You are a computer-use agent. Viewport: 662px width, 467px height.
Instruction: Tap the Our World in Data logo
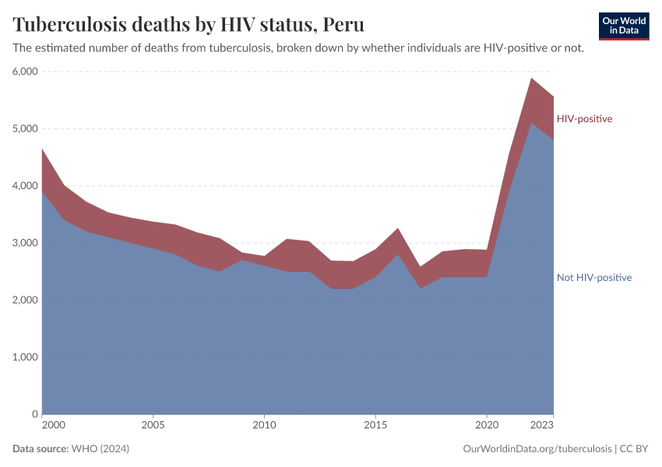(623, 26)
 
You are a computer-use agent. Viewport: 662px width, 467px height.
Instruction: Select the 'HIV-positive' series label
(584, 119)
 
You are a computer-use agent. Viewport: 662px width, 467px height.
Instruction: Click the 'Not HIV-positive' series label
(593, 277)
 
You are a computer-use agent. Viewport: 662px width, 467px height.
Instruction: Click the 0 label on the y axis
(34, 414)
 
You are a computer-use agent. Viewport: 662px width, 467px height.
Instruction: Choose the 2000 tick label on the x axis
(53, 426)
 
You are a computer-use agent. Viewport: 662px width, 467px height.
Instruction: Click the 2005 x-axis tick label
(153, 426)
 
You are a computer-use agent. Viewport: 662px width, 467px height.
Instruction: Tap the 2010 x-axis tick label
(264, 426)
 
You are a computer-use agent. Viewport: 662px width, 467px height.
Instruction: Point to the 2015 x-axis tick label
(375, 426)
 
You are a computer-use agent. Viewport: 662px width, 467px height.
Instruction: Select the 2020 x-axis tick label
(487, 426)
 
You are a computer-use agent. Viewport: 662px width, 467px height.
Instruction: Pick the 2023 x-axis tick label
(543, 426)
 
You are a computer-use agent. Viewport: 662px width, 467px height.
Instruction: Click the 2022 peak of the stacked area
(531, 78)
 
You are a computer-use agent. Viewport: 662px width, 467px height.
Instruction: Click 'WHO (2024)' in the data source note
(100, 449)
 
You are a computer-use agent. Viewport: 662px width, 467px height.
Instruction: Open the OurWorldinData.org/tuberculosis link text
(537, 449)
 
